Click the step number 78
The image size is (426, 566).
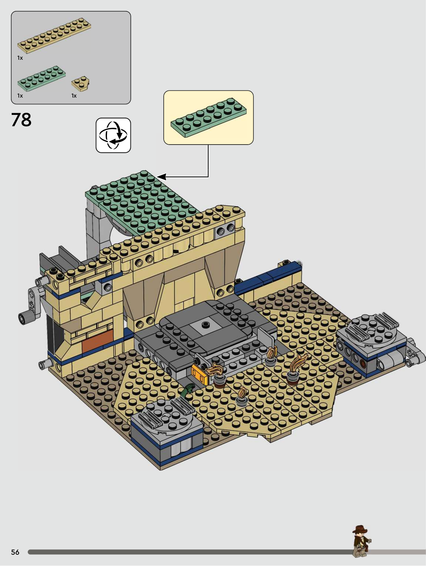(21, 119)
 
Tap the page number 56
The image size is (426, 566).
(15, 552)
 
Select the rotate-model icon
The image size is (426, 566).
(113, 135)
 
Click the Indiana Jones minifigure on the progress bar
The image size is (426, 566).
(362, 544)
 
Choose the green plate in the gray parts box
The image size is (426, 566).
(41, 78)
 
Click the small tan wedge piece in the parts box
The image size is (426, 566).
(81, 83)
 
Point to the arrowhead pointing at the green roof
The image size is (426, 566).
(161, 177)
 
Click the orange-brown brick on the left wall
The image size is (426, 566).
(98, 339)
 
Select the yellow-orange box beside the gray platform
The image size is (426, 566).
(200, 372)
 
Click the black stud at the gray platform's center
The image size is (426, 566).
(205, 324)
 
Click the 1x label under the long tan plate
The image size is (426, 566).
(20, 58)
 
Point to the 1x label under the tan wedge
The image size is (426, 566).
(74, 96)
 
